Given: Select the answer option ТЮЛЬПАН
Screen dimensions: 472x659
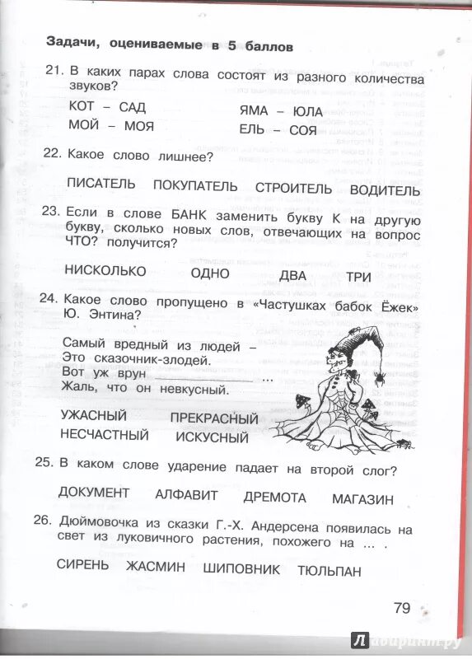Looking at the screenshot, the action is [x=329, y=571].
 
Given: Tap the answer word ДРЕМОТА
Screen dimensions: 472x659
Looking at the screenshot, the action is [x=274, y=498].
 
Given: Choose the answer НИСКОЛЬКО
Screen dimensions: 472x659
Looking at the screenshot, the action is [x=105, y=270].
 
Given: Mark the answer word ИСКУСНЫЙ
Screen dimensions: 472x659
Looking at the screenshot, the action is [x=212, y=437].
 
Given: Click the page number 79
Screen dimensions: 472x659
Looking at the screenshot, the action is [x=401, y=608].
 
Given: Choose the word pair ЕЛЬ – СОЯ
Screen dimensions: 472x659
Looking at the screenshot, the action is [x=278, y=129].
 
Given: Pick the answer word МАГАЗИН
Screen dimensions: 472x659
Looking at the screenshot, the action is [x=362, y=498].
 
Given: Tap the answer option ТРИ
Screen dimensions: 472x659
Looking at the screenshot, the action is [x=358, y=276].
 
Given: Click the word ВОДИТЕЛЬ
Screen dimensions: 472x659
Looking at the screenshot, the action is [x=385, y=190].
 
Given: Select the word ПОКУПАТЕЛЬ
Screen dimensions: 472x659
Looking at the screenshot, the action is [x=195, y=187].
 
